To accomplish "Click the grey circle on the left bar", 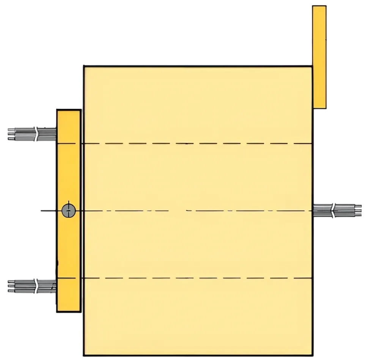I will [69, 210].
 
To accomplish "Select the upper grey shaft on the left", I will [32, 134].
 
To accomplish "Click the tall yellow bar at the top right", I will [319, 58].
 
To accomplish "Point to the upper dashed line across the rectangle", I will [197, 144].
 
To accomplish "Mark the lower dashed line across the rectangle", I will [197, 278].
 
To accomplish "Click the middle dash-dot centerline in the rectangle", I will [197, 210].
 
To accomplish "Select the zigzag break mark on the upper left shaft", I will [36, 134].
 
